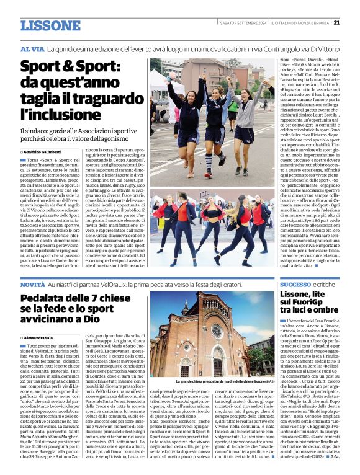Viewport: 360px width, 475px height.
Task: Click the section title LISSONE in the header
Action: coord(50,25)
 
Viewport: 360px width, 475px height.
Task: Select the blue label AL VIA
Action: coord(32,48)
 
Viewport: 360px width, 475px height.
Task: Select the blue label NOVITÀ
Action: coord(32,283)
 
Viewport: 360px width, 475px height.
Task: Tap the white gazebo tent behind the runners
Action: coord(163,100)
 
